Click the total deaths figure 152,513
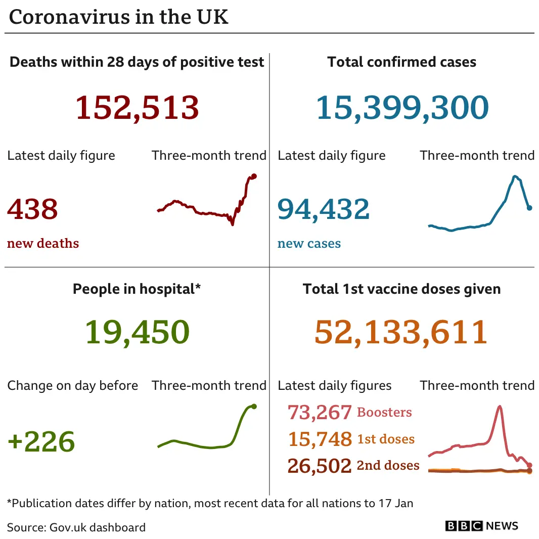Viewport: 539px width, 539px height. point(137,108)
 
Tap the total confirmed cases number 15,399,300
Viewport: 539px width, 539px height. point(402,108)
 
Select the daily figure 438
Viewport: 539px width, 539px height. point(32,209)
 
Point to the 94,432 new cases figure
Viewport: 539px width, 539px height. point(324,209)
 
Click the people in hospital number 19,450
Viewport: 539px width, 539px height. point(137,332)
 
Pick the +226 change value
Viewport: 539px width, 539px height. point(41,441)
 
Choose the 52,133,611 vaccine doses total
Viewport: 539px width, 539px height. point(400,332)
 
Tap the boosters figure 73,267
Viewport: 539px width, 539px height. point(320,413)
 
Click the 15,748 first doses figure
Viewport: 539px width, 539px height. point(320,439)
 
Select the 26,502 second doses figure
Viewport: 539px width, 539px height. point(320,466)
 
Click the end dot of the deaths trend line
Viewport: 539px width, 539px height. point(254,176)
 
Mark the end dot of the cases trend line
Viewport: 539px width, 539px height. point(529,207)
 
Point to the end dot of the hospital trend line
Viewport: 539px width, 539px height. point(254,406)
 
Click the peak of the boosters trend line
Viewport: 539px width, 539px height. point(500,406)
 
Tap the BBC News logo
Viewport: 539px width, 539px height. point(481,526)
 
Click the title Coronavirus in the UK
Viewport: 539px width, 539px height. point(119,17)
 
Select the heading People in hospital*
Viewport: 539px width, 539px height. point(137,289)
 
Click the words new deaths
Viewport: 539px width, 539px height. point(43,243)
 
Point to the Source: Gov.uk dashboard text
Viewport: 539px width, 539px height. point(76,527)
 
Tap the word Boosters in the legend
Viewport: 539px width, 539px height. point(384,412)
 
